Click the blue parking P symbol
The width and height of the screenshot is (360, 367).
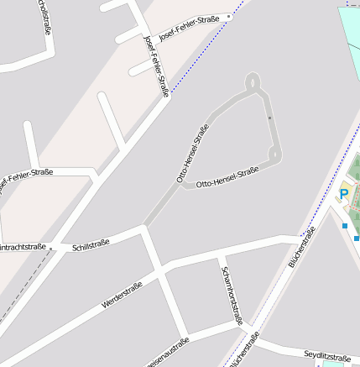click(x=343, y=195)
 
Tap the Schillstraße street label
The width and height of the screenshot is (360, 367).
click(x=91, y=246)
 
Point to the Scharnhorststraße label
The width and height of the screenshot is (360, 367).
click(x=232, y=295)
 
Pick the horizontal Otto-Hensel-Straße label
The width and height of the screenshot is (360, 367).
click(x=227, y=176)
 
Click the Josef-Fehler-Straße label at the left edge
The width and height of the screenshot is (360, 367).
click(x=25, y=177)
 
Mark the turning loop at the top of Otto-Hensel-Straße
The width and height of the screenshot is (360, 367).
click(x=253, y=82)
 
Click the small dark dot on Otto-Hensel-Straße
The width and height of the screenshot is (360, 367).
click(x=269, y=119)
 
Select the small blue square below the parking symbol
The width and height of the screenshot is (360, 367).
click(x=344, y=225)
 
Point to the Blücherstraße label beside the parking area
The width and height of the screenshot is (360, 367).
click(x=301, y=248)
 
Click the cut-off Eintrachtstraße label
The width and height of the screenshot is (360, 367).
click(x=23, y=247)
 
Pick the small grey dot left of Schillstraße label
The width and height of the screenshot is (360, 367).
click(x=50, y=248)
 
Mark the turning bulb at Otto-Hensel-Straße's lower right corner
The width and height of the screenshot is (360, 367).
click(x=274, y=155)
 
